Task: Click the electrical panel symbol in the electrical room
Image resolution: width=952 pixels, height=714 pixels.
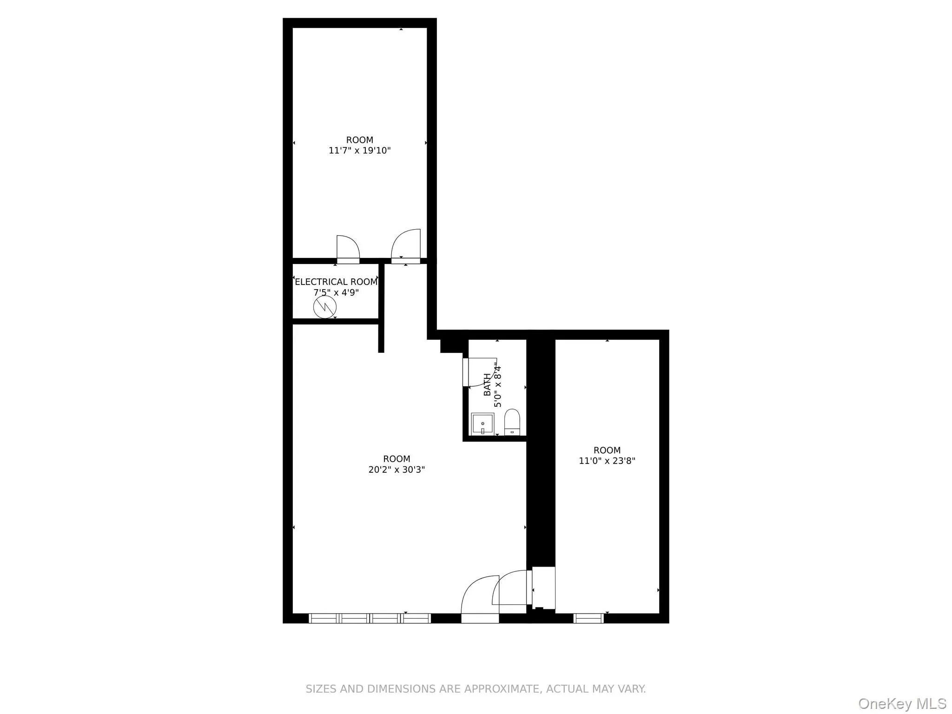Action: (324, 307)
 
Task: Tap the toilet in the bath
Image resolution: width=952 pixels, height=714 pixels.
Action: (512, 421)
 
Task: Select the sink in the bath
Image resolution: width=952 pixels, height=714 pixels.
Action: (483, 423)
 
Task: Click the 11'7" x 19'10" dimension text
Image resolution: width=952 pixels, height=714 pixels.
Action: (359, 151)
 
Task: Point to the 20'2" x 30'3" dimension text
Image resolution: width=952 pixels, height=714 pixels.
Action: (397, 469)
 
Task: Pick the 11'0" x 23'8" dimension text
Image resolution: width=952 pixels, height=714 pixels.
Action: (607, 461)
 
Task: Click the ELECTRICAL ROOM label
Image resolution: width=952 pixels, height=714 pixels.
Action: (336, 282)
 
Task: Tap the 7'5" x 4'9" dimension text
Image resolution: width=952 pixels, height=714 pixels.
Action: (336, 292)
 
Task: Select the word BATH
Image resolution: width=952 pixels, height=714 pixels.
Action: (487, 384)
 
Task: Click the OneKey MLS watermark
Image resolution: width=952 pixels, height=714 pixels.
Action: (902, 703)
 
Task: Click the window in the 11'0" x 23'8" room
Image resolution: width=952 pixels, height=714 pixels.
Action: (588, 618)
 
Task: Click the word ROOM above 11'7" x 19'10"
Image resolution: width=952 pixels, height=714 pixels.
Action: (359, 140)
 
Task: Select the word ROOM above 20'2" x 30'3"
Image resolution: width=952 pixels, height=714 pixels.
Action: (397, 459)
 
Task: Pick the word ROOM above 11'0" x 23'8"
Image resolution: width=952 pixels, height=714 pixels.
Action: (607, 450)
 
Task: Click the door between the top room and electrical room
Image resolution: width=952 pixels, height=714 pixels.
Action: (348, 250)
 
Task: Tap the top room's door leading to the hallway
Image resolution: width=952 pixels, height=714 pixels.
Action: (406, 245)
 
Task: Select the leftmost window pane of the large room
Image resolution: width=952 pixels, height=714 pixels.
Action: (324, 618)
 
